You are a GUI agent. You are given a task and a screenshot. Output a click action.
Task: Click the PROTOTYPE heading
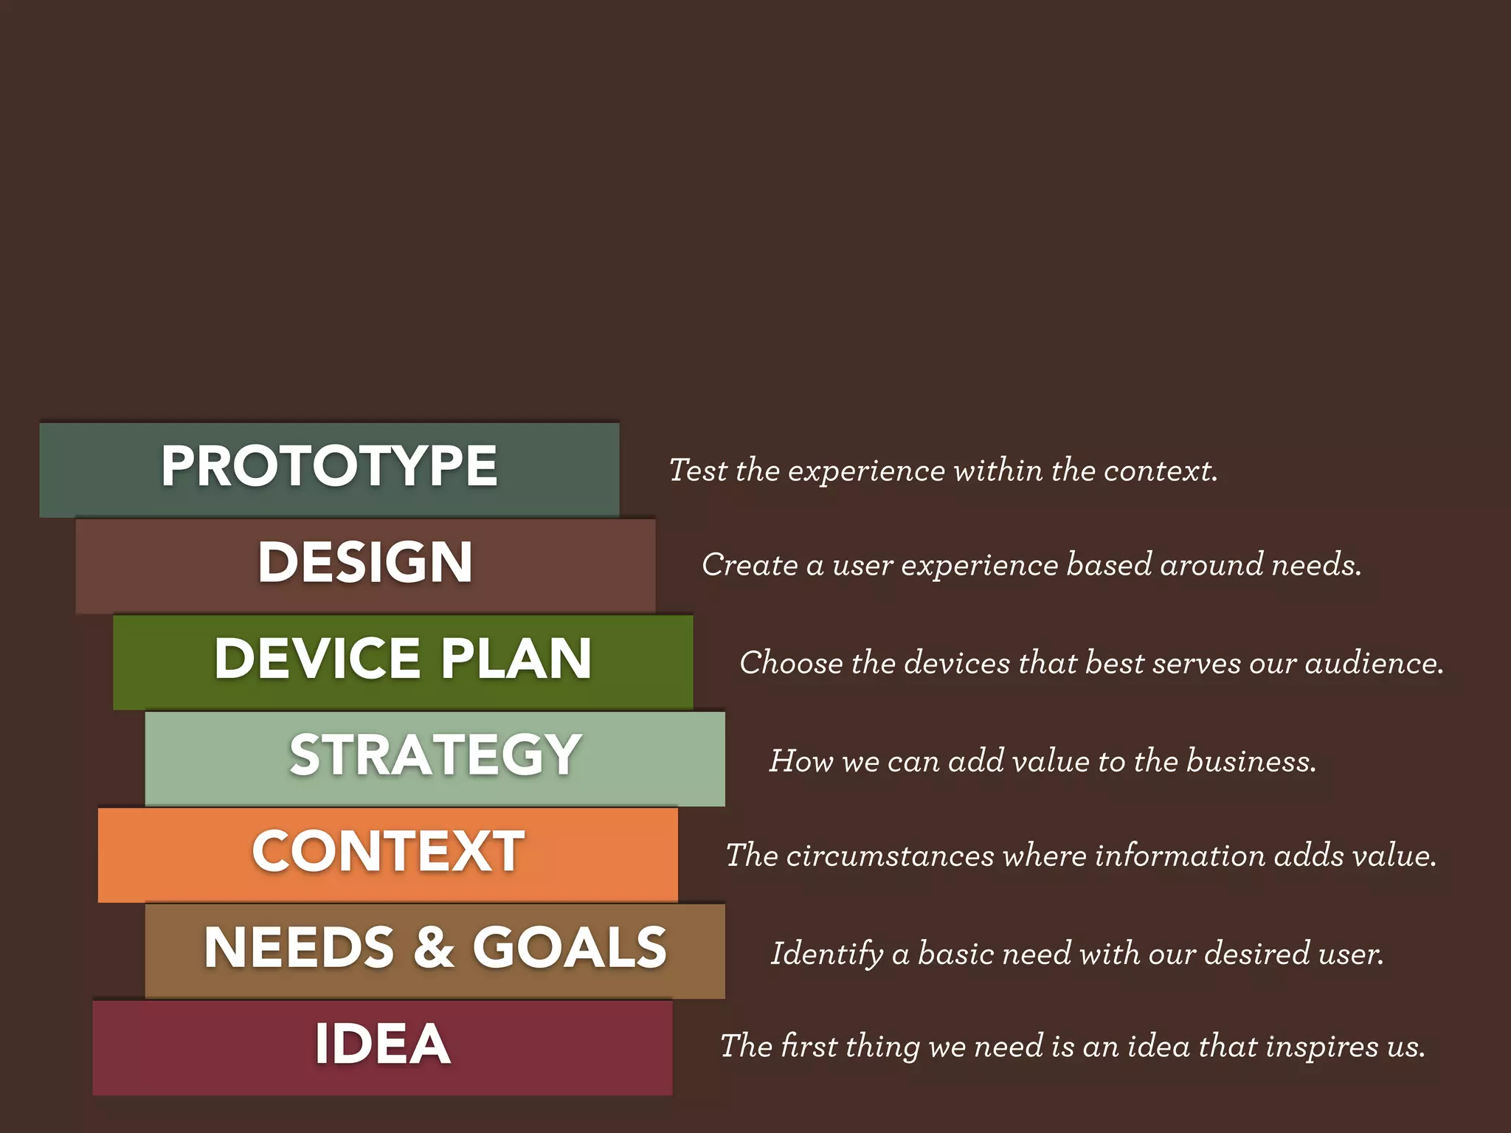point(329,466)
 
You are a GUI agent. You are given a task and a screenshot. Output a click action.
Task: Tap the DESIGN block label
point(365,562)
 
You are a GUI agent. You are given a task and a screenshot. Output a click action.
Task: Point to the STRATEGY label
point(435,755)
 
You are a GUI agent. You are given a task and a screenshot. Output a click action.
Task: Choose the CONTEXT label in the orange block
point(388,851)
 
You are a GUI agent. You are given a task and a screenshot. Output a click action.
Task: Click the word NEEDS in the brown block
point(300,947)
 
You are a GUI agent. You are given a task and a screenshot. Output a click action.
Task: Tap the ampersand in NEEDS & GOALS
point(434,947)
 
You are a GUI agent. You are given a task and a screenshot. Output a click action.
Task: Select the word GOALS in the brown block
point(570,947)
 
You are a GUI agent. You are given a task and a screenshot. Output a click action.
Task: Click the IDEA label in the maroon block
point(382,1044)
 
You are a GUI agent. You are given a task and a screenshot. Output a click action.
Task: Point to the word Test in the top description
point(698,471)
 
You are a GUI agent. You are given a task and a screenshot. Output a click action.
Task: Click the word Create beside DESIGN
point(750,565)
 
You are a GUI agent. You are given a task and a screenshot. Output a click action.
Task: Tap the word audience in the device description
point(1374,663)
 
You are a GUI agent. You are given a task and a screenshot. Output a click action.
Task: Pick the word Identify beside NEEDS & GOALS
point(826,954)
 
